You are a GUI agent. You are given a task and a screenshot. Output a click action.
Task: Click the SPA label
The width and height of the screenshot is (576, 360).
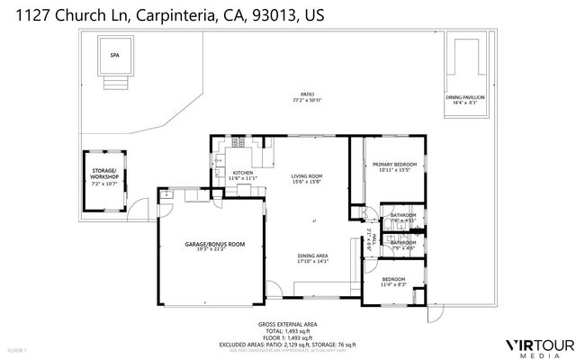click(114, 56)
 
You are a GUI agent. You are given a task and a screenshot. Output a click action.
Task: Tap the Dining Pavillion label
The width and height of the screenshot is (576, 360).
click(465, 96)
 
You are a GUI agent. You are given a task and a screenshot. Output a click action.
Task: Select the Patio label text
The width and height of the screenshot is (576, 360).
click(308, 94)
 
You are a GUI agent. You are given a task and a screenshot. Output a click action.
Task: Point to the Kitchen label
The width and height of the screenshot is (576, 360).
click(243, 173)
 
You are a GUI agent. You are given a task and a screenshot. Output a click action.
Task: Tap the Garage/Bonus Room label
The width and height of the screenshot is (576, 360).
click(214, 244)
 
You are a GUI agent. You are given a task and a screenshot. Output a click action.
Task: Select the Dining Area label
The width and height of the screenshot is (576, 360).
click(312, 256)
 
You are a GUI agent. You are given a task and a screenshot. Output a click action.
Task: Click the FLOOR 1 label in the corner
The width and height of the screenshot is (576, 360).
click(17, 349)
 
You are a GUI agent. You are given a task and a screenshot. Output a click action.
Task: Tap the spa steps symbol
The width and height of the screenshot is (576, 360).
click(113, 83)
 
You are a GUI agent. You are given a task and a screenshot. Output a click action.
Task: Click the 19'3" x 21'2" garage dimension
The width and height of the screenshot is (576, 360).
click(214, 249)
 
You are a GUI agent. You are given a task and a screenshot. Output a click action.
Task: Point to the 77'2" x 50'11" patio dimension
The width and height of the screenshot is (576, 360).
click(308, 99)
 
